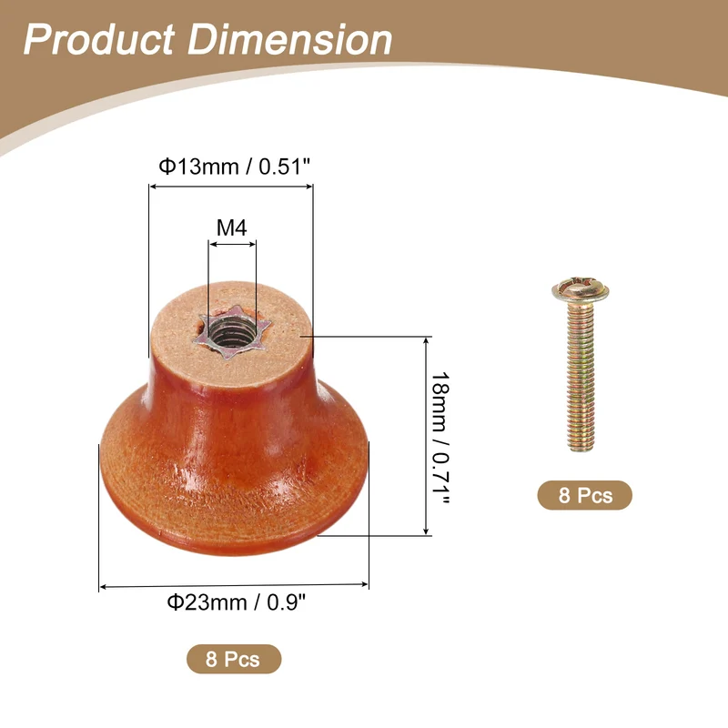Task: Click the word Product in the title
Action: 99,39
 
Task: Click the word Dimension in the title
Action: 289,39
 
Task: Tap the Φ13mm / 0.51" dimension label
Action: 234,167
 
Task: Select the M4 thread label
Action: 232,227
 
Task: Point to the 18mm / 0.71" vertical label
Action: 440,438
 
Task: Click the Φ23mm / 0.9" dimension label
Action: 237,602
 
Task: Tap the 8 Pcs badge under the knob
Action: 234,659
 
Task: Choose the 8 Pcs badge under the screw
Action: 585,495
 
